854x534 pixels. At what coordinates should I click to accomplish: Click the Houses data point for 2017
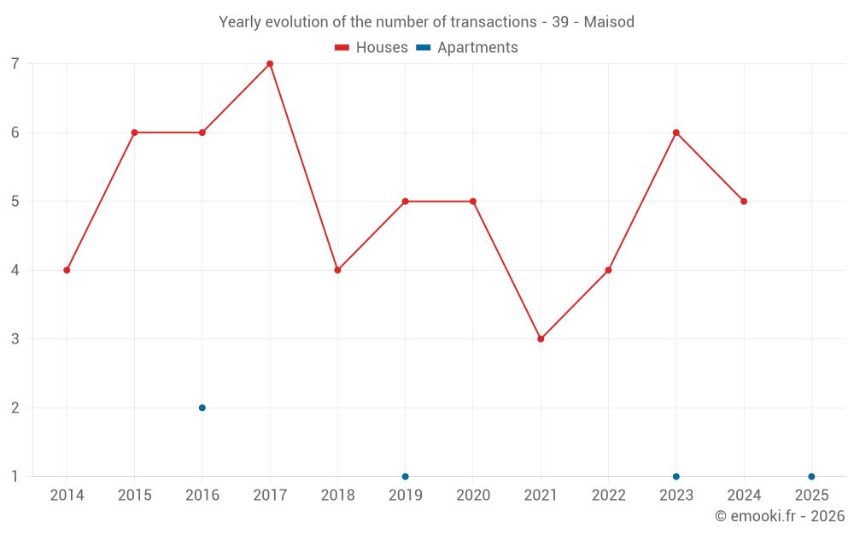click(x=270, y=64)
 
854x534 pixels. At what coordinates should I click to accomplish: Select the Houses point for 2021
click(x=541, y=339)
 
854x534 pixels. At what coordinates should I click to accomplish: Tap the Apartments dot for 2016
click(x=202, y=408)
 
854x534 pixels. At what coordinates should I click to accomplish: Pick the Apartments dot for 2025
click(x=811, y=477)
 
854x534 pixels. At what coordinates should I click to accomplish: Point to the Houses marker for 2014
click(x=67, y=270)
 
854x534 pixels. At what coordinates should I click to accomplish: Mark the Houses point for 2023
click(x=676, y=132)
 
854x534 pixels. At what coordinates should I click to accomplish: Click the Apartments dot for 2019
click(x=406, y=477)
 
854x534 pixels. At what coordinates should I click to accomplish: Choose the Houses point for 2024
click(x=744, y=202)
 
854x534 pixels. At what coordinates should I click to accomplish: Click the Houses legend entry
click(x=371, y=48)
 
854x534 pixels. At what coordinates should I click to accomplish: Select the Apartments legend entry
click(x=467, y=48)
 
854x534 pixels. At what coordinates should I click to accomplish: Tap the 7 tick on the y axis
click(x=15, y=64)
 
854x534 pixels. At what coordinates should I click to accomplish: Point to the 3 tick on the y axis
click(x=15, y=339)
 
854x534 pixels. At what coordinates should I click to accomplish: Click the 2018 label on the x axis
click(x=337, y=496)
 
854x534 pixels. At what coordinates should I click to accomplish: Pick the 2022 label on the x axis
click(x=608, y=496)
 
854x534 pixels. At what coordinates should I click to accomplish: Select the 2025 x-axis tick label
click(x=811, y=496)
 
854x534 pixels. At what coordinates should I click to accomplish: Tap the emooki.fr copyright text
click(x=780, y=516)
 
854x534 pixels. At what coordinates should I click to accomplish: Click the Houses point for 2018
click(x=337, y=270)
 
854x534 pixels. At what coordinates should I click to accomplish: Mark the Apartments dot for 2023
click(x=676, y=477)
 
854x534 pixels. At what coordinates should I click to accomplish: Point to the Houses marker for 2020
click(x=473, y=202)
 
